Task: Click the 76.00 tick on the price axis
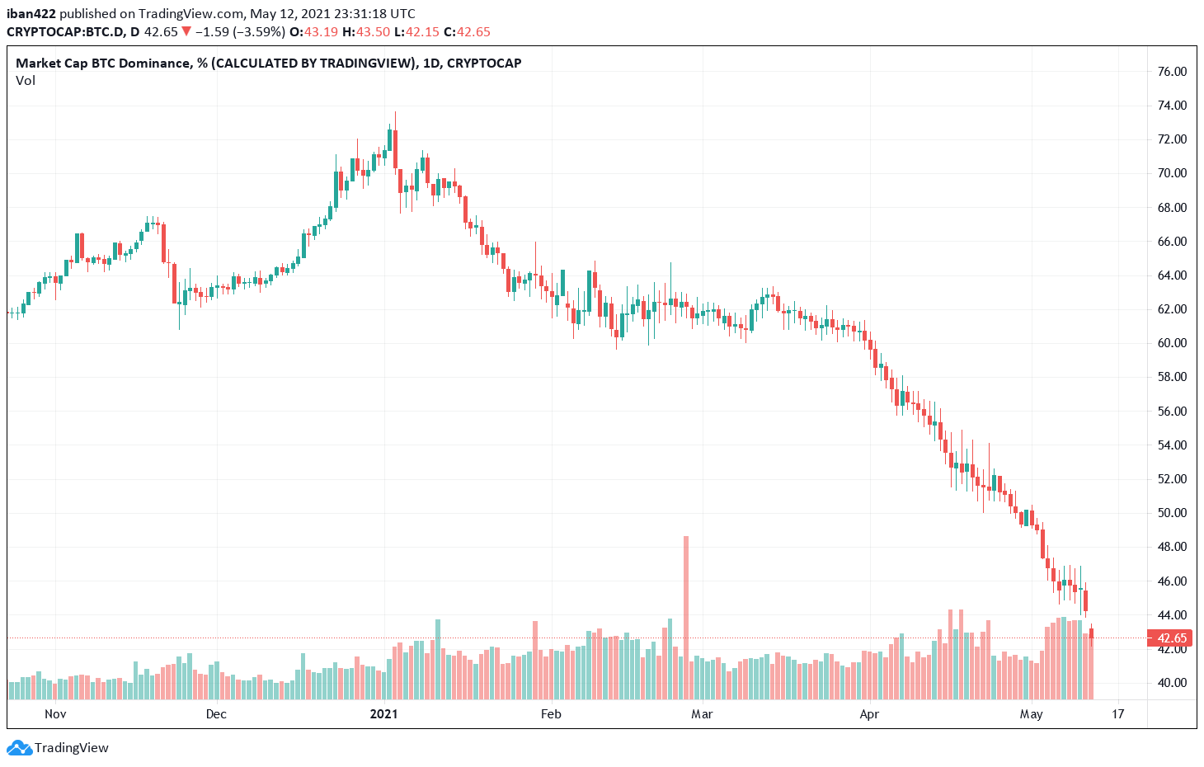tap(1172, 72)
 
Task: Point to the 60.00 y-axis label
tap(1172, 343)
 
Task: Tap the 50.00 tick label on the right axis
tap(1172, 513)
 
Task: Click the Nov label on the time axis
tap(55, 714)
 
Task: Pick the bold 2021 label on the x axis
tap(383, 714)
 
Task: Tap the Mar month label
tap(702, 714)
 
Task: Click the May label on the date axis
tap(1031, 714)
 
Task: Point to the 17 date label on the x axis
tap(1117, 714)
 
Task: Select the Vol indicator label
tap(26, 81)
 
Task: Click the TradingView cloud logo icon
tap(19, 748)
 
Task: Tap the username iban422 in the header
tap(31, 14)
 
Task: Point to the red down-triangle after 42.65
tap(186, 32)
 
